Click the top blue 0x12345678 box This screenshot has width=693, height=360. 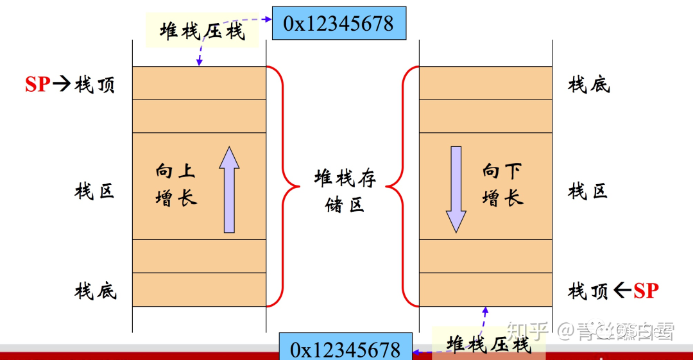pos(339,23)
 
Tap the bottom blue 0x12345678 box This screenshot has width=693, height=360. pos(345,349)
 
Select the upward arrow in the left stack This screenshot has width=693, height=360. pos(229,189)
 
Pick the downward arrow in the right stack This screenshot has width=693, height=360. pos(456,189)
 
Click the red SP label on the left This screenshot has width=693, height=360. pos(37,84)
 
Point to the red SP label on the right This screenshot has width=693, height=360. pos(646,291)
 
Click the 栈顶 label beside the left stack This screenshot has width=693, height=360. pos(95,85)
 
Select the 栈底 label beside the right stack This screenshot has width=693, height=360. pos(589,84)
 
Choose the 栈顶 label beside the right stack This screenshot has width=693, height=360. pos(588,291)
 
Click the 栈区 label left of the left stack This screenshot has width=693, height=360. pos(95,191)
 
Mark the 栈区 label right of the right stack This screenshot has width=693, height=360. pos(588,191)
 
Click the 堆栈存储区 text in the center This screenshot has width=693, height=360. pos(345,191)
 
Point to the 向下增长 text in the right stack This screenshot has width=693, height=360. pos(502,184)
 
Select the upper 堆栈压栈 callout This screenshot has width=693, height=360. pos(202,31)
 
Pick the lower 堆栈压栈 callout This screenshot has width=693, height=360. pos(490,343)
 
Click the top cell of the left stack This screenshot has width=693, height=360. pos(199,83)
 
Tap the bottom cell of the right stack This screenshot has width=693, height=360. pos(486,289)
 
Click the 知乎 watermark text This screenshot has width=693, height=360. pos(527,331)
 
